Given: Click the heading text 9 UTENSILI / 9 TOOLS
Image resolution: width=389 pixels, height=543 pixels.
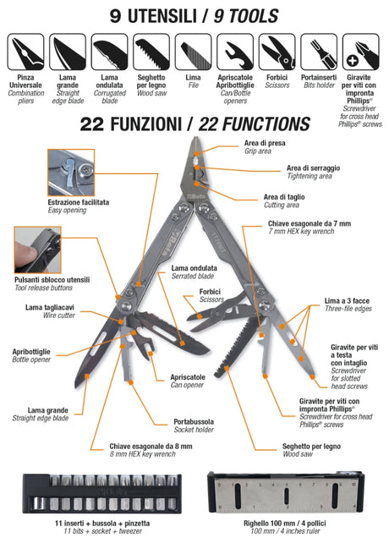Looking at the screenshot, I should [x=194, y=15].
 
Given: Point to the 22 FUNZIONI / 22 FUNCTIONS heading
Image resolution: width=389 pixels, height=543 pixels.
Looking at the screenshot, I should [x=194, y=125].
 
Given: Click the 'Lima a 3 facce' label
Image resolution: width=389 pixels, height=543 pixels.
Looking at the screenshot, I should [x=347, y=301].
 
